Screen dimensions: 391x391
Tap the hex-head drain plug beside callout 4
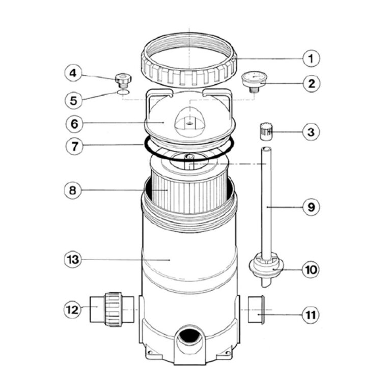tap(123, 79)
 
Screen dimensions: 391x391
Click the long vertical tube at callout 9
tap(267, 199)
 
